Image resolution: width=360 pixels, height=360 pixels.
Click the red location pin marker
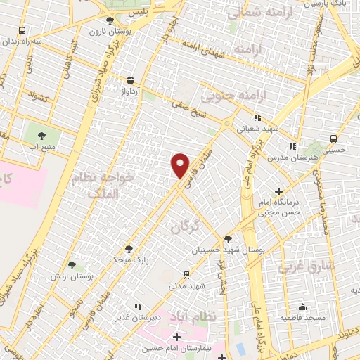click(x=181, y=165)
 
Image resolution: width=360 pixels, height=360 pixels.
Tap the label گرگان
click(x=186, y=226)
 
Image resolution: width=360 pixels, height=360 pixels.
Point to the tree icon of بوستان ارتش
click(x=72, y=265)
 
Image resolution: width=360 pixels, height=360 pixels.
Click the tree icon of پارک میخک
click(x=128, y=248)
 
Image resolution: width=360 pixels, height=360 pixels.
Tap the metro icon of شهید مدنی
click(x=186, y=275)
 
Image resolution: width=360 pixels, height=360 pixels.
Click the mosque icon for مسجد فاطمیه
click(x=303, y=307)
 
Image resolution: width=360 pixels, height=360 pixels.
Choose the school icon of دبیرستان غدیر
click(x=137, y=307)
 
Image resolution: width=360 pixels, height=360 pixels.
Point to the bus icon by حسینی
click(x=333, y=139)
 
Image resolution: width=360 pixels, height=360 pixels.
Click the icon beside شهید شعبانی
click(x=258, y=117)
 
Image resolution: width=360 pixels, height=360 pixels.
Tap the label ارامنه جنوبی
click(x=231, y=96)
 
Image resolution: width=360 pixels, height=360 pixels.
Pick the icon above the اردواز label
click(x=130, y=81)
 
